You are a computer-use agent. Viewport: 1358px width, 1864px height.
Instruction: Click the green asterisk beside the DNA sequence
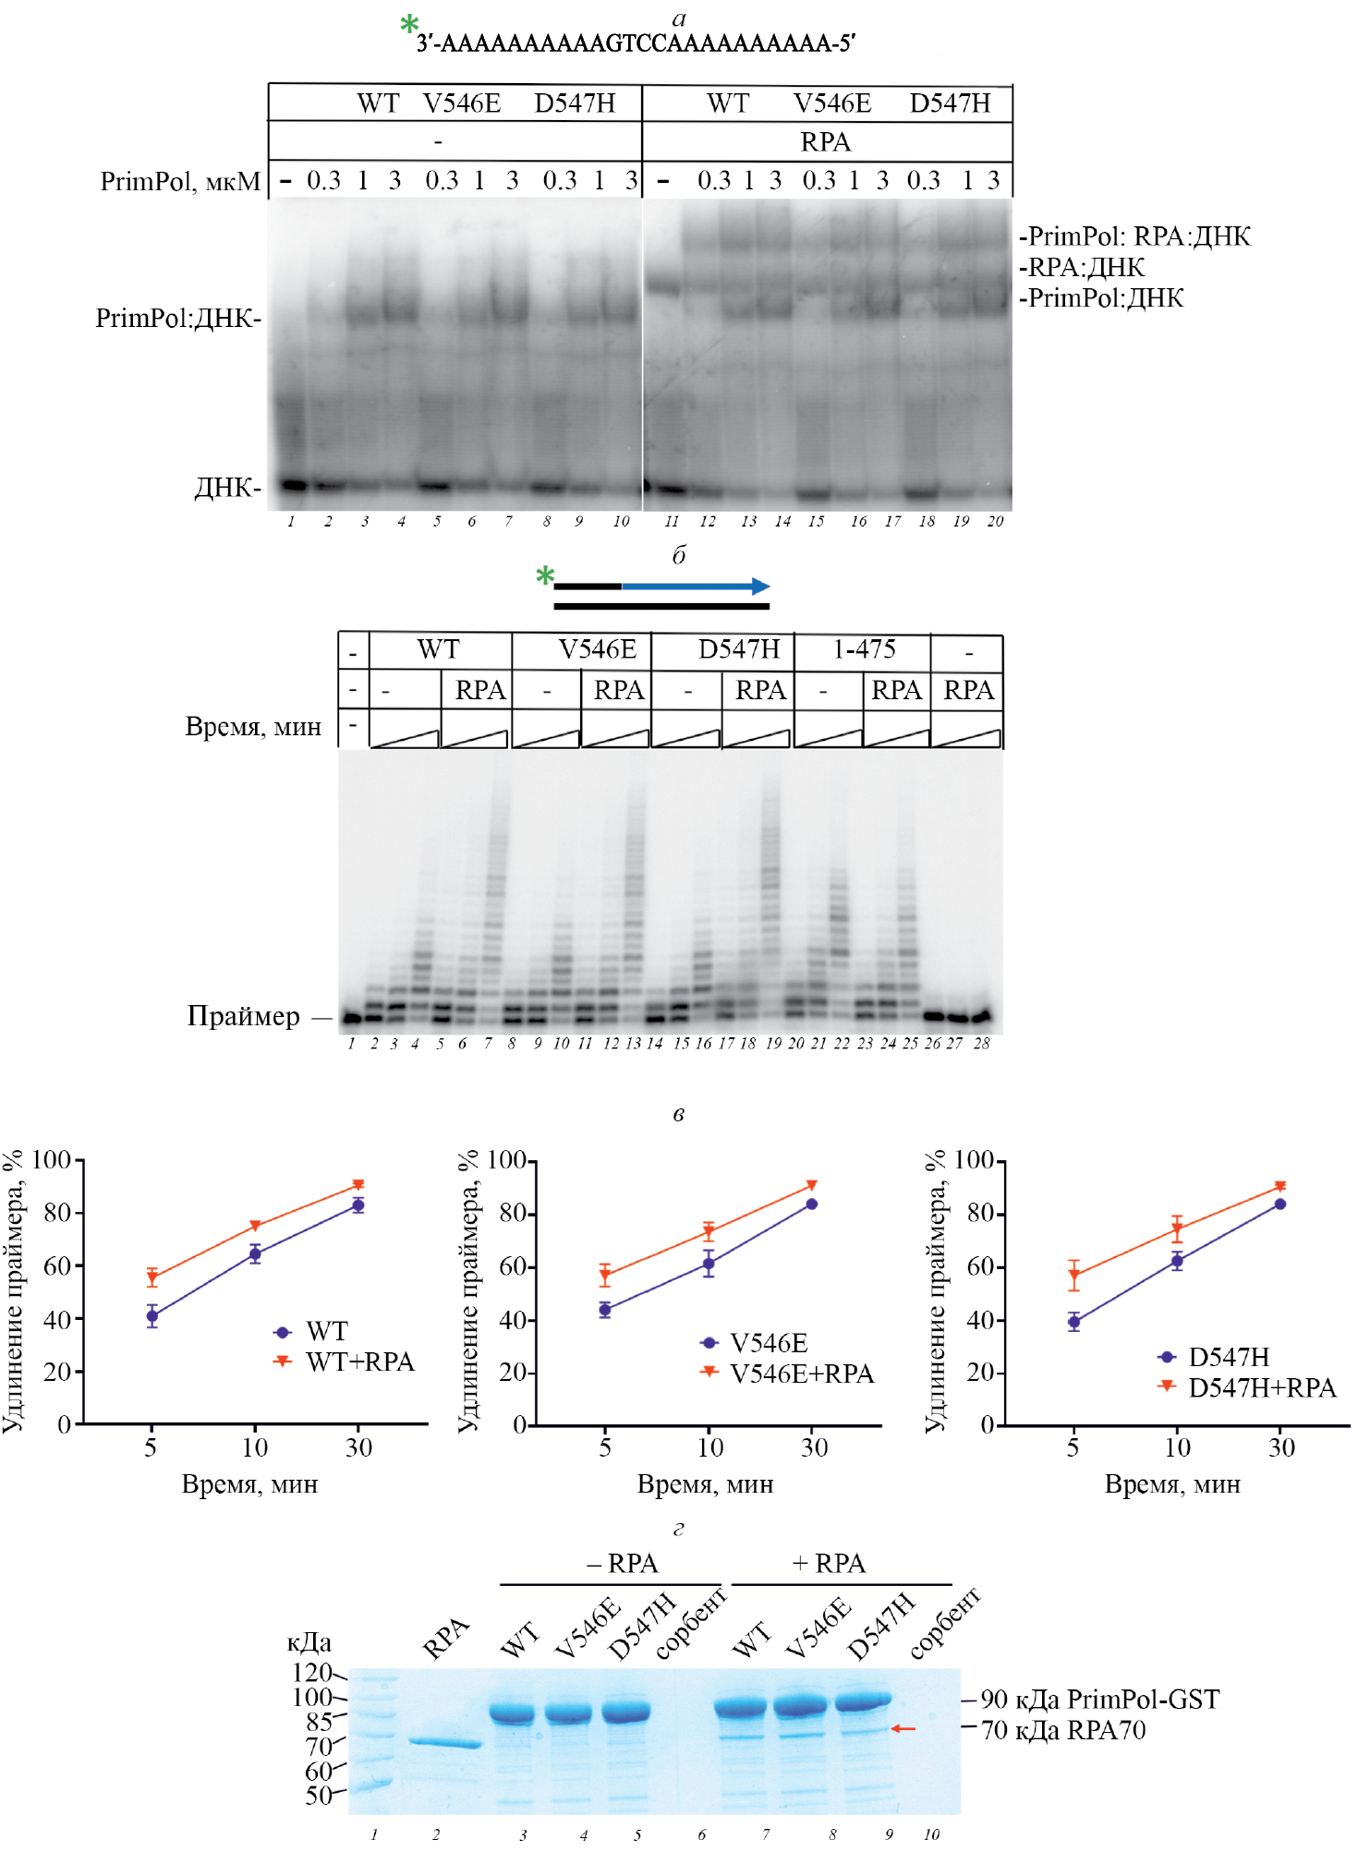coord(409,25)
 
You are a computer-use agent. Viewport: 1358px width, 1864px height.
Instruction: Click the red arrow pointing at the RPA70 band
coord(903,1728)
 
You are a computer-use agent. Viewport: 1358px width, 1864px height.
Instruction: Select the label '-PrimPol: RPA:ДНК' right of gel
coord(1134,236)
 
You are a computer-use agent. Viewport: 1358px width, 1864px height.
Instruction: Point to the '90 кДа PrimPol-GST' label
coord(1099,1699)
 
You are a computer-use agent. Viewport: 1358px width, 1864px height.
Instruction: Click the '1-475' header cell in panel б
coord(864,649)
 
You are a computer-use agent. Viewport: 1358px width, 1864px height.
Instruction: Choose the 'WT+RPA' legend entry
coord(359,1362)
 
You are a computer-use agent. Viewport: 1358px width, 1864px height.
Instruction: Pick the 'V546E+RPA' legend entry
coord(801,1374)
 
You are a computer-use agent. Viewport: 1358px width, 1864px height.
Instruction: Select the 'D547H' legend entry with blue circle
coord(1228,1357)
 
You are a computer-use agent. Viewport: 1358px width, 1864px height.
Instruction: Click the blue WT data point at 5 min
coord(152,1316)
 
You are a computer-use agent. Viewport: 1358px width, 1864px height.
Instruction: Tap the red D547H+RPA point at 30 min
coord(1280,1186)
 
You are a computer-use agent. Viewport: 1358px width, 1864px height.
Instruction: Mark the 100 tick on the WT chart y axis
coord(52,1160)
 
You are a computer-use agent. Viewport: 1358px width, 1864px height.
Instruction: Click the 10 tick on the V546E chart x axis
coord(709,1447)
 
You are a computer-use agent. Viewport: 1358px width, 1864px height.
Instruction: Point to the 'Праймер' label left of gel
coord(244,1016)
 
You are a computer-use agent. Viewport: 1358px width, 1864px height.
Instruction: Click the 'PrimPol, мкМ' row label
coord(180,181)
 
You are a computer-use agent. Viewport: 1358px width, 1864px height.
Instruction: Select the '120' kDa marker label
coord(311,1672)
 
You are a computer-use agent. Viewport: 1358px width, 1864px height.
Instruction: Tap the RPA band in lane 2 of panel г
coord(445,1743)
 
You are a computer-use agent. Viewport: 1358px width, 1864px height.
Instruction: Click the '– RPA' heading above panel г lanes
coord(623,1564)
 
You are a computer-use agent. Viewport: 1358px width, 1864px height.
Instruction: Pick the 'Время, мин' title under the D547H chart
coord(1172,1484)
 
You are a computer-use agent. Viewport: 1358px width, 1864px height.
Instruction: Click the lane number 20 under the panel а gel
coord(995,522)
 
